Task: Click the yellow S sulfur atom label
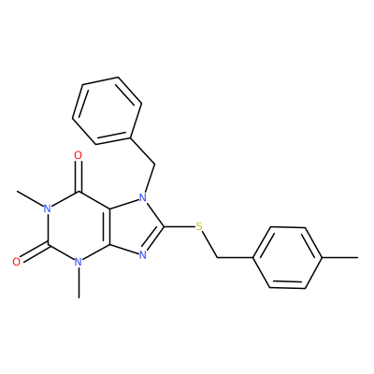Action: click(199, 226)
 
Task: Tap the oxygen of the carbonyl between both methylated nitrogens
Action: click(17, 262)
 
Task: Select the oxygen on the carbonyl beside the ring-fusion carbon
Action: click(79, 155)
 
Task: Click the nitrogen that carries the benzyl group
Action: click(143, 197)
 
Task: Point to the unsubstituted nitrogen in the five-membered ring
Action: click(143, 255)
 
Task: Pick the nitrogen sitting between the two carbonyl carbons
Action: click(48, 209)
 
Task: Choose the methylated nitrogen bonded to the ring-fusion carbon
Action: click(79, 262)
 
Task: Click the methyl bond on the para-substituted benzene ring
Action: click(339, 257)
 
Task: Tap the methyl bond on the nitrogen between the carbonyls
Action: click(30, 198)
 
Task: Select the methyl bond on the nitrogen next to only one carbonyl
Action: click(79, 282)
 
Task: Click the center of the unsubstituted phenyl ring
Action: click(108, 110)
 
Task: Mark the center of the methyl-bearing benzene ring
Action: click(287, 257)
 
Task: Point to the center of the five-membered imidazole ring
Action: click(134, 226)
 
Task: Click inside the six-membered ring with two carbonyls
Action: click(79, 226)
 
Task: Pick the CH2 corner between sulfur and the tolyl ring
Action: click(217, 257)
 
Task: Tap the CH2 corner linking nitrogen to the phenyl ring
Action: click(155, 164)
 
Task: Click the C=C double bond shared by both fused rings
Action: click(109, 226)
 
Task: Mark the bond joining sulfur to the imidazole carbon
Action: click(180, 226)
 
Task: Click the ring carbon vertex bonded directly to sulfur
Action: click(165, 226)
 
